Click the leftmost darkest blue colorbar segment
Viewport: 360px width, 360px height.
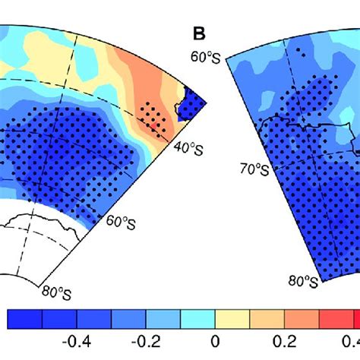point(24,318)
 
